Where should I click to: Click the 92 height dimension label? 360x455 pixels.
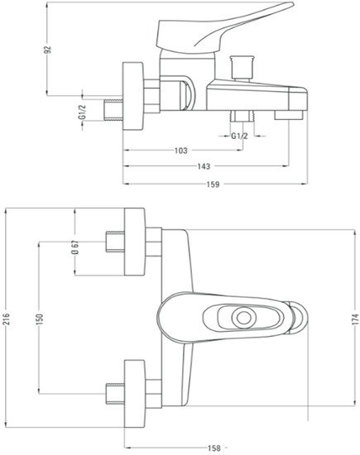pyautogui.click(x=48, y=50)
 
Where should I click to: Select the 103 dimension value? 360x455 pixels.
pyautogui.click(x=181, y=151)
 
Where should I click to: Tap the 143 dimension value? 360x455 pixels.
pyautogui.click(x=204, y=166)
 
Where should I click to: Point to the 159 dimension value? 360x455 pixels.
pyautogui.click(x=213, y=184)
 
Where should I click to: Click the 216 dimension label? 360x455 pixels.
pyautogui.click(x=7, y=318)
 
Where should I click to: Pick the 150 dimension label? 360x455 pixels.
pyautogui.click(x=40, y=319)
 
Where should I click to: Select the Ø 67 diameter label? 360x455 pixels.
pyautogui.click(x=75, y=247)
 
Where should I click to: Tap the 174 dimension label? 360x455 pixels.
pyautogui.click(x=356, y=318)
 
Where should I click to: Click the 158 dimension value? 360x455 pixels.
pyautogui.click(x=214, y=448)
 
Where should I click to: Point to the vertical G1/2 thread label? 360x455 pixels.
pyautogui.click(x=83, y=112)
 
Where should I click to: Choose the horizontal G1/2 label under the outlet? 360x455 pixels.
pyautogui.click(x=239, y=136)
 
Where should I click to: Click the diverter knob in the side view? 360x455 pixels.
pyautogui.click(x=242, y=67)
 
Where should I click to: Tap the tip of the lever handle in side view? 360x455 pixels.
pyautogui.click(x=293, y=5)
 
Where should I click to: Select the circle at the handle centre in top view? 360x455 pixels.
pyautogui.click(x=243, y=318)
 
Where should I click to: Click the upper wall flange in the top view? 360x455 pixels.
pyautogui.click(x=134, y=242)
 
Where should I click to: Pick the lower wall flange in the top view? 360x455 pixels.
pyautogui.click(x=134, y=394)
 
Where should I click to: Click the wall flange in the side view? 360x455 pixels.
pyautogui.click(x=133, y=96)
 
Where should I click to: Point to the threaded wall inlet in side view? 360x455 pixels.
pyautogui.click(x=113, y=110)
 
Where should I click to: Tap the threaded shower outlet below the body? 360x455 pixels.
pyautogui.click(x=242, y=117)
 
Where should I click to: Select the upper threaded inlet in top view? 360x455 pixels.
pyautogui.click(x=115, y=242)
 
